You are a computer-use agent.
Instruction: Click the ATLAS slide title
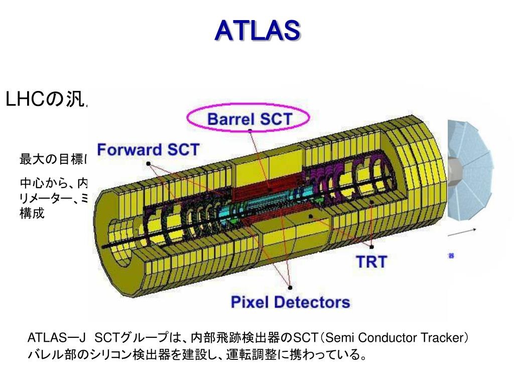257,31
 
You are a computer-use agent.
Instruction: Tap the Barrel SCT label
249,119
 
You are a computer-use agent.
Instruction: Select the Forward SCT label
148,149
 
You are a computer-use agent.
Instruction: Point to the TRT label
371,261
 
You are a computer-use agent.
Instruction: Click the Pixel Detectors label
290,302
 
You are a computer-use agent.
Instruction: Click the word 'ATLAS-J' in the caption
56,337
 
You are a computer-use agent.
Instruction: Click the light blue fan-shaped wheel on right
472,166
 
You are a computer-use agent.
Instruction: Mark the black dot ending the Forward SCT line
148,163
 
